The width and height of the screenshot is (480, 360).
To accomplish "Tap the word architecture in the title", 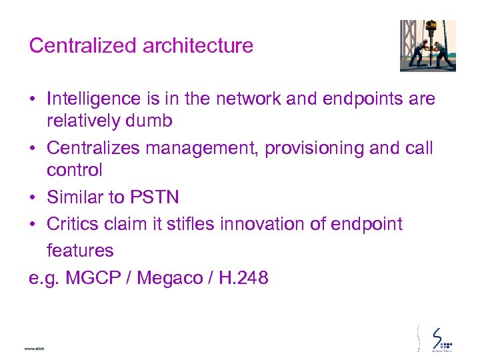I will [x=193, y=45].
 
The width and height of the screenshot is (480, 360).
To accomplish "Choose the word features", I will [x=80, y=251].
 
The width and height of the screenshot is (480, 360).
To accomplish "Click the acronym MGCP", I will [x=95, y=277].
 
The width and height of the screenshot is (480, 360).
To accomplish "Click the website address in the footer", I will [x=33, y=349].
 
